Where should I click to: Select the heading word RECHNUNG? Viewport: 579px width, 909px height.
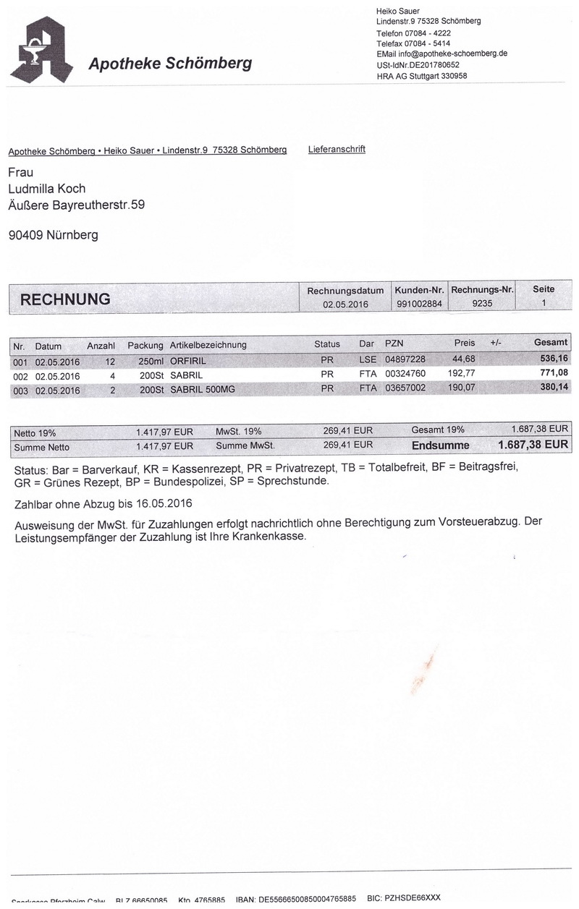(65, 299)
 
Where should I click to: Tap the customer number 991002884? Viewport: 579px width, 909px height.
(419, 304)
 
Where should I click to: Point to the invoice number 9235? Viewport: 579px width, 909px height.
(482, 304)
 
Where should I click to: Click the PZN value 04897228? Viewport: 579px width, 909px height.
(405, 359)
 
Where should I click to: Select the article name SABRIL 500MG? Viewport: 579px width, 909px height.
(203, 388)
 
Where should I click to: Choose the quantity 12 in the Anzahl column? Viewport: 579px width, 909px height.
(110, 359)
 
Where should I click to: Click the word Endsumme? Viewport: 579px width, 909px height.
(440, 445)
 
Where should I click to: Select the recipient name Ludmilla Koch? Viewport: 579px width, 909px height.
(47, 189)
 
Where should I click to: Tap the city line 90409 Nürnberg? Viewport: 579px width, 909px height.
(53, 235)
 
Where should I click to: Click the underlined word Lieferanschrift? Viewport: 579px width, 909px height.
(337, 150)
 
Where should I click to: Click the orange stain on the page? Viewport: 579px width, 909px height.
(426, 666)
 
